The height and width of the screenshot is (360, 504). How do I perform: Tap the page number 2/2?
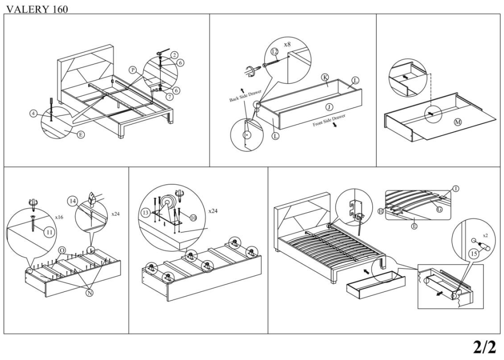point(484,347)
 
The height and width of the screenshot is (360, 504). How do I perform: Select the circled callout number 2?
point(174,54)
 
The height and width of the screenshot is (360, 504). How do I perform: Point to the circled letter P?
point(133,70)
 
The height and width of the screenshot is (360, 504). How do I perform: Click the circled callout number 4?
point(33,114)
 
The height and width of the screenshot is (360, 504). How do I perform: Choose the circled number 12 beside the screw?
point(275,52)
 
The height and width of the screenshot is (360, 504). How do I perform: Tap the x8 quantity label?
point(287,44)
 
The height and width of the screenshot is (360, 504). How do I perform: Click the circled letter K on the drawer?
point(325,77)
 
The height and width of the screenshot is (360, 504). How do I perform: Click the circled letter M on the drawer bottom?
point(458,123)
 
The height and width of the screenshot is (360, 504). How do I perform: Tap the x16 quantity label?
point(59,217)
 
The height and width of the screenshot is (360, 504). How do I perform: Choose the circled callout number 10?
point(192,217)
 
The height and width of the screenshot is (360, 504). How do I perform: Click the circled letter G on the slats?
point(439,209)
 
